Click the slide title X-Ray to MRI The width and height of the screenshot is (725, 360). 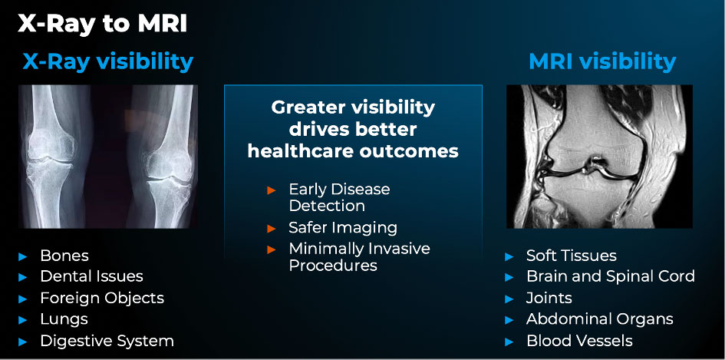[102, 24]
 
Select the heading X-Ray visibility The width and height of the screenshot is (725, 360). [108, 61]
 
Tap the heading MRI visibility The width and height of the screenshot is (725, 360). [602, 61]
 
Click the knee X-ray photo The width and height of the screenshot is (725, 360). [108, 157]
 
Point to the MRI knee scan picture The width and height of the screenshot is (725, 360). [599, 157]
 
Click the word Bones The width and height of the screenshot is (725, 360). [64, 256]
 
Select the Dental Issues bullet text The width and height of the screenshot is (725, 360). [91, 276]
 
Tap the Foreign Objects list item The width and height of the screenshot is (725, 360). [102, 298]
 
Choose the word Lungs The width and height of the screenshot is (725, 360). [64, 319]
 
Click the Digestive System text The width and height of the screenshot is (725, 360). [107, 341]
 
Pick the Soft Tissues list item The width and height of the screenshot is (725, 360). [572, 256]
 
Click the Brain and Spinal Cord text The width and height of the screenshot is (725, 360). [611, 276]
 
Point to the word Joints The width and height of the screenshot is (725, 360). [549, 298]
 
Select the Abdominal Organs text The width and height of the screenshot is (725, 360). [600, 319]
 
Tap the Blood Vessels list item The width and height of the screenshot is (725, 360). [579, 341]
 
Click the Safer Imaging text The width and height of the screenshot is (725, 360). [343, 228]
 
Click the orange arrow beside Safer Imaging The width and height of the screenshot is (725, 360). [272, 228]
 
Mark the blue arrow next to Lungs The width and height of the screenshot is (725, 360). [23, 320]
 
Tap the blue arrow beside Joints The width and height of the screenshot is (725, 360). [509, 299]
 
